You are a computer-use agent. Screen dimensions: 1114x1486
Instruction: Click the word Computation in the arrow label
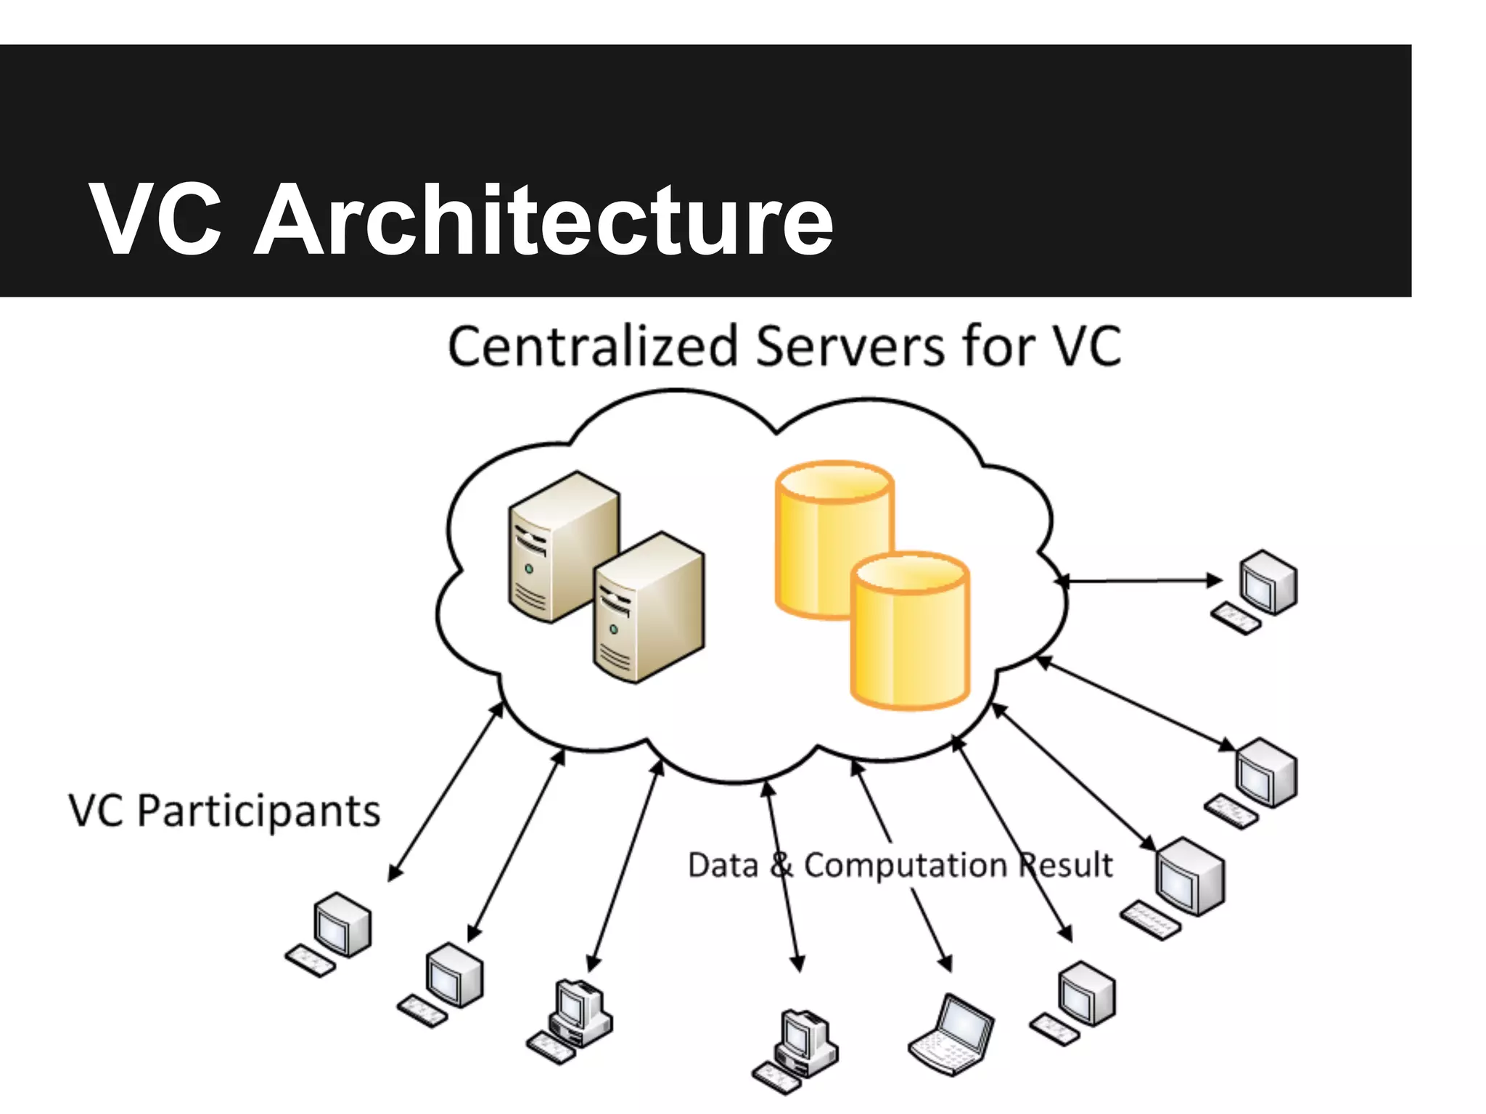tap(905, 865)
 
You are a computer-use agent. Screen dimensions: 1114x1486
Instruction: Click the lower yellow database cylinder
tap(910, 631)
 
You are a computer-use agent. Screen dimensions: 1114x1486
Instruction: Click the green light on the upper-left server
tap(529, 569)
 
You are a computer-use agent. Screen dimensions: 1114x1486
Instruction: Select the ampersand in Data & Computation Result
tap(781, 865)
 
